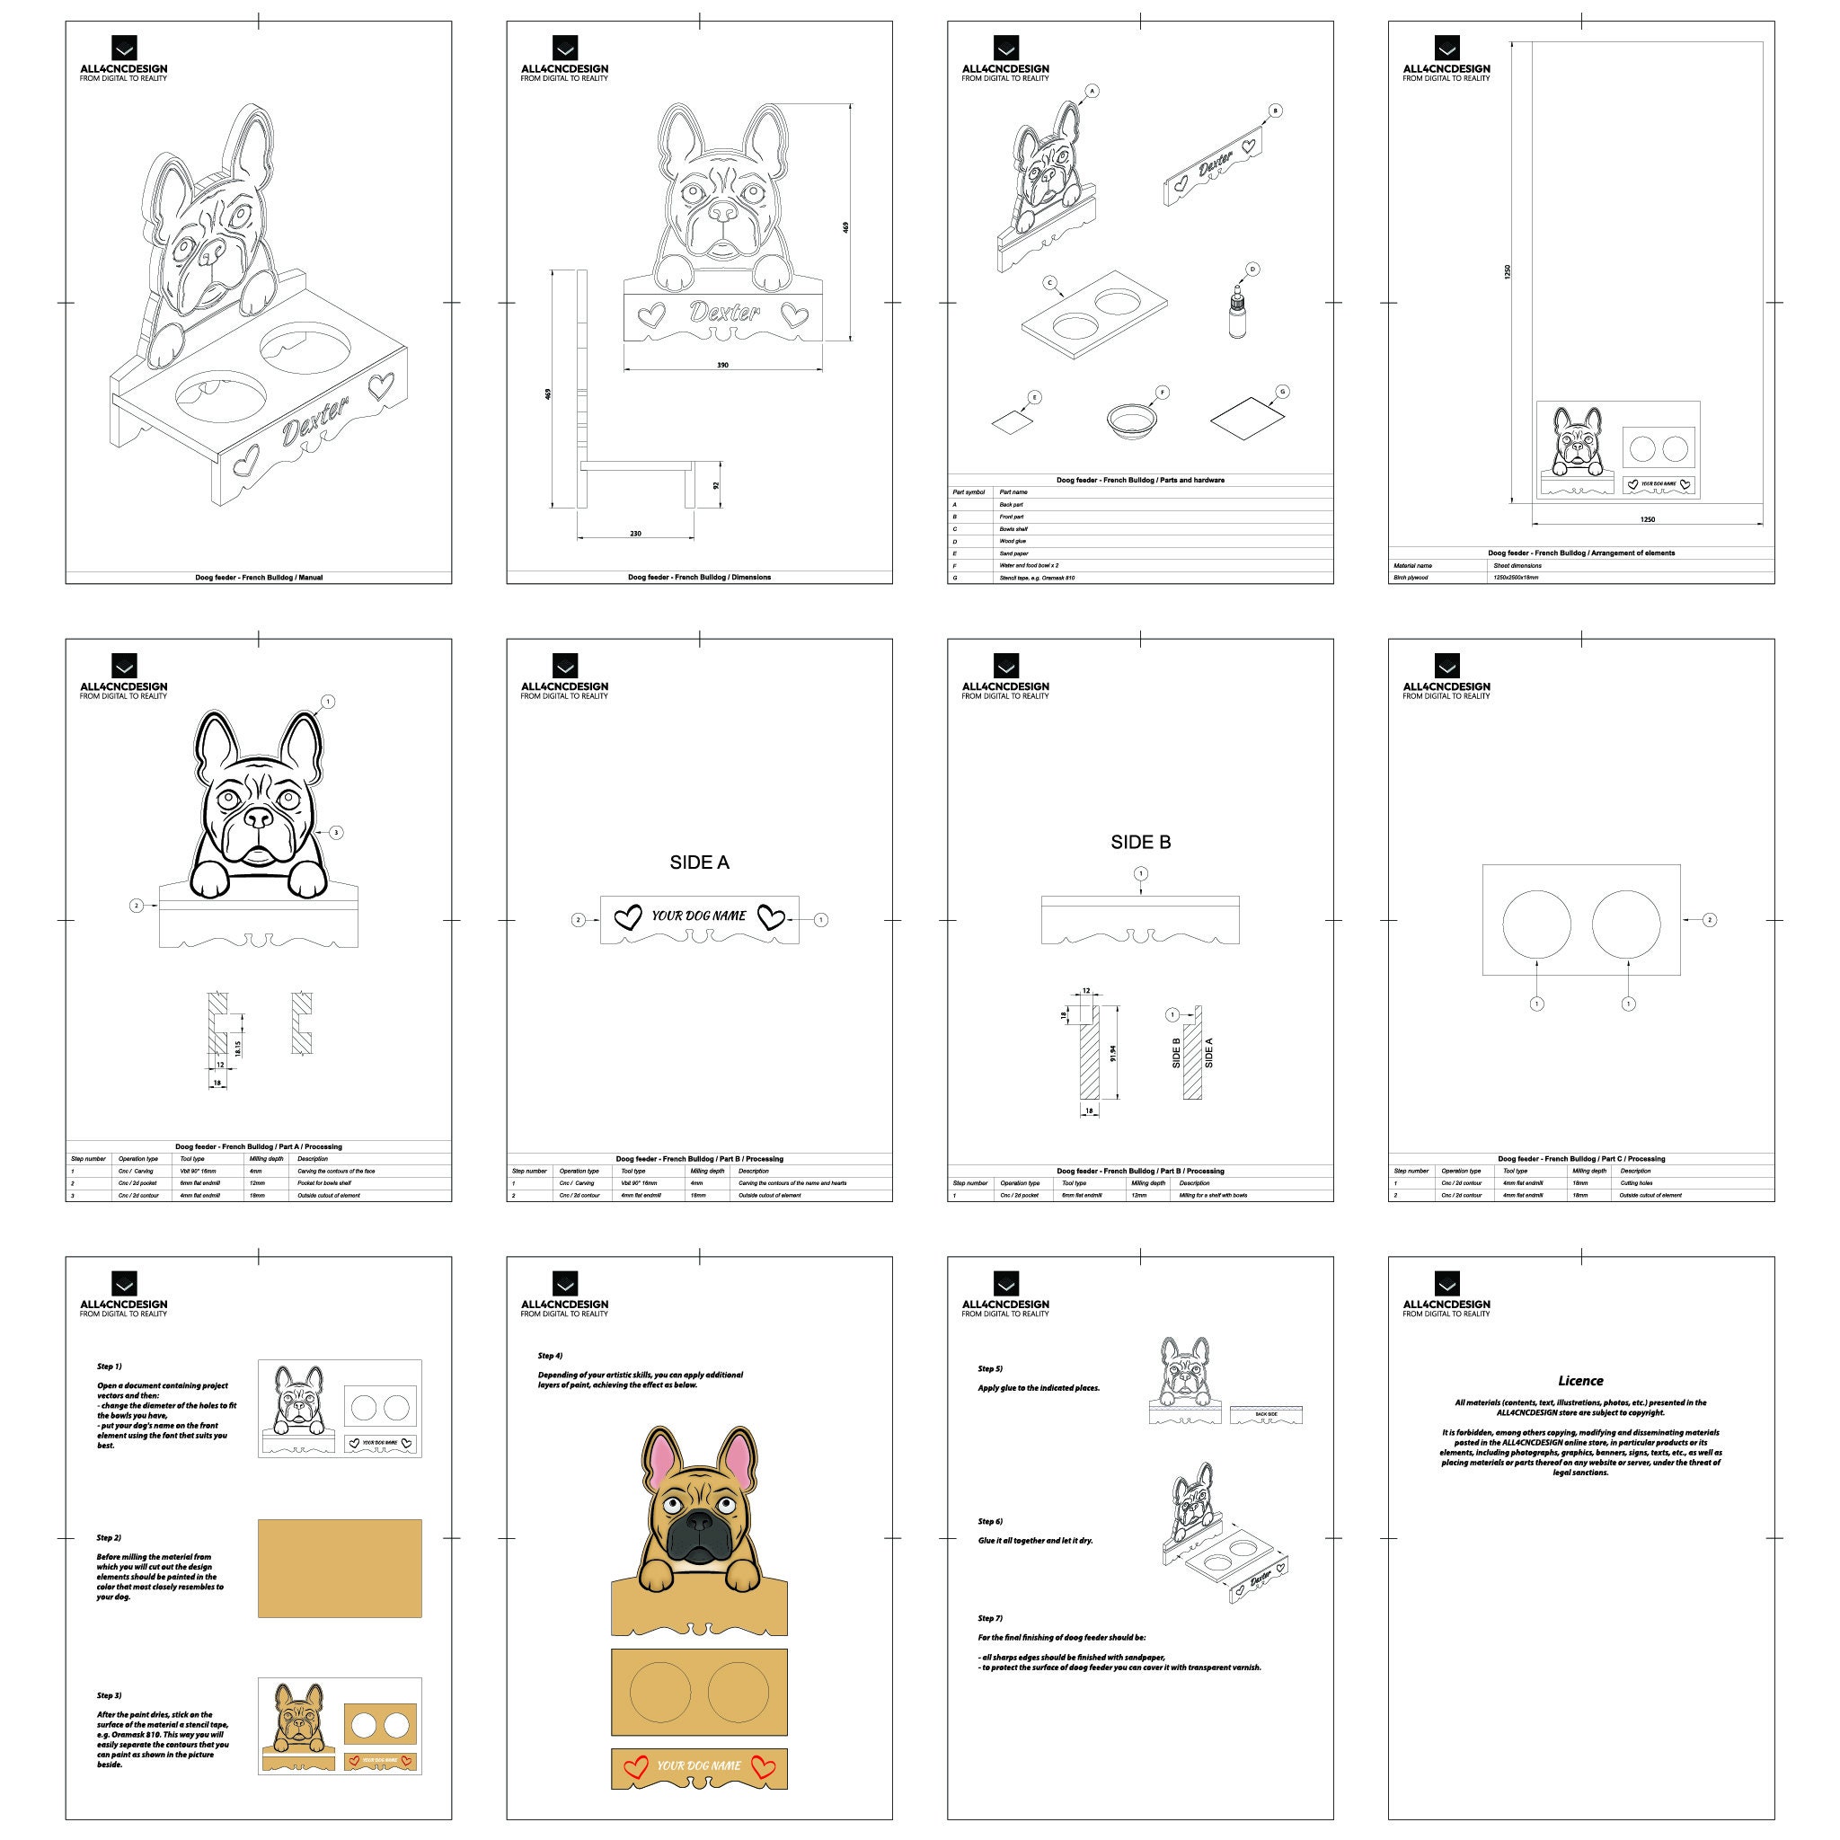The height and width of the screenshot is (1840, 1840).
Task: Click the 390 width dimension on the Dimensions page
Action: pos(722,365)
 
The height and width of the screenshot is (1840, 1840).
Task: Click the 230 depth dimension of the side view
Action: pos(635,534)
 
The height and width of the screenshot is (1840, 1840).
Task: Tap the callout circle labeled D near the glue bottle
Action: pos(1252,270)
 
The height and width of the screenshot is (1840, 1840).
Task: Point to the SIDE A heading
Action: pos(699,862)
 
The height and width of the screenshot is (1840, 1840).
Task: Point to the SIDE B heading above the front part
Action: pos(1140,842)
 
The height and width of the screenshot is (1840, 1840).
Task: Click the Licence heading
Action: pos(1580,1380)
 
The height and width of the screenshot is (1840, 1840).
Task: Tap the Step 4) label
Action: pos(550,1355)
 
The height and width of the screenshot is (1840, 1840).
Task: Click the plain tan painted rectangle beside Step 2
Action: pos(339,1568)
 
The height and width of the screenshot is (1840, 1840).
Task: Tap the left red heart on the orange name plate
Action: pos(635,1766)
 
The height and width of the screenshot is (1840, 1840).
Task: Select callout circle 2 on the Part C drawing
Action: pos(1710,920)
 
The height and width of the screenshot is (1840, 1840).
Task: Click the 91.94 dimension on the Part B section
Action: pos(1112,1053)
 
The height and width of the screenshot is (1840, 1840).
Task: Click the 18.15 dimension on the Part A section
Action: pos(238,1048)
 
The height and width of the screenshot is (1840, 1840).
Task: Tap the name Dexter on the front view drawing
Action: pos(725,312)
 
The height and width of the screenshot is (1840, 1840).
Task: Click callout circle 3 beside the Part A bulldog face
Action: pos(335,832)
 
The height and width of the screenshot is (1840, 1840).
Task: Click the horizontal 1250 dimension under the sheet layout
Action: pos(1648,519)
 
